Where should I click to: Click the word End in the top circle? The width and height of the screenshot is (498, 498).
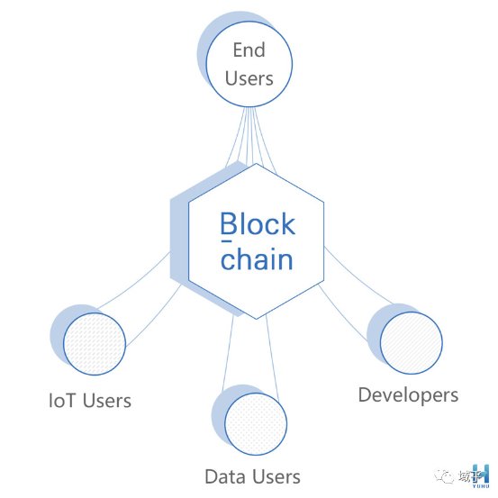249,50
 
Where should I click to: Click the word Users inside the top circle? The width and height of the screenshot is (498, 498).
249,78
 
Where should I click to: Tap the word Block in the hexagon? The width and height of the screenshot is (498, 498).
258,223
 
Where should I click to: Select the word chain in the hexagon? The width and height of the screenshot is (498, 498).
257,258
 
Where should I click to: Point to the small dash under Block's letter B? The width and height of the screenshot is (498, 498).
226,241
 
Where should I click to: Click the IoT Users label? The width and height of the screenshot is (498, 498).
90,400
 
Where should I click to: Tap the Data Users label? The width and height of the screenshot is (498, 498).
252,476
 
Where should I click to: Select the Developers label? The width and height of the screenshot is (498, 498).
408,395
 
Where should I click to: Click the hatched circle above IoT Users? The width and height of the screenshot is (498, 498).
95,344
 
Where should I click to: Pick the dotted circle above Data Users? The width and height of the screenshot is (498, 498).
256,424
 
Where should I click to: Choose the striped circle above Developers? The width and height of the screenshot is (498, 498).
411,343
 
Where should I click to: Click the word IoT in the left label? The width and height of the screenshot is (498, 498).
62,400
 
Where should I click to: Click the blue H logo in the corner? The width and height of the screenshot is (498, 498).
481,474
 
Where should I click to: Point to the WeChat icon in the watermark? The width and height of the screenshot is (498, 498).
444,476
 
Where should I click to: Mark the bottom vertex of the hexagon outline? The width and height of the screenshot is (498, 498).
257,319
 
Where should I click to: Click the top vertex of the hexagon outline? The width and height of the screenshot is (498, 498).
257,163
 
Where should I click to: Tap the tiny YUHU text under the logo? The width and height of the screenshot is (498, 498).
481,486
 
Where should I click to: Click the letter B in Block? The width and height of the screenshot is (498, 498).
229,223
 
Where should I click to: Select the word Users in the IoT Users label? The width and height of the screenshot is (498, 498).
107,400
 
